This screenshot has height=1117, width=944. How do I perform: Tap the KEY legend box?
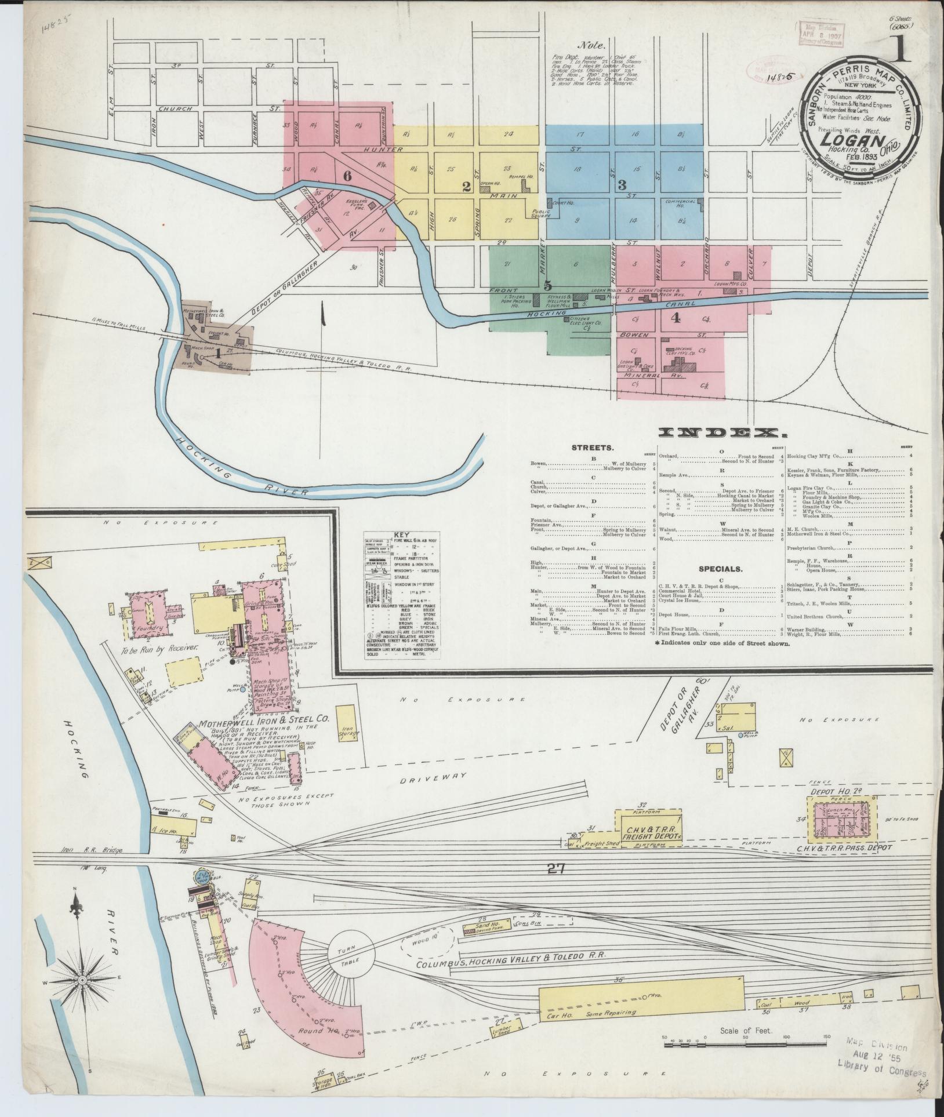[x=401, y=594]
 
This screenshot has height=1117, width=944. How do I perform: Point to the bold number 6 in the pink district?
[x=347, y=177]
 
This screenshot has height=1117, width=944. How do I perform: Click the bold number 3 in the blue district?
[x=622, y=185]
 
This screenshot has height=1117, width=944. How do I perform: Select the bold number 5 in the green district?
[x=548, y=285]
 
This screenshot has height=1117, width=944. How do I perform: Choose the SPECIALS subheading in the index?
[x=720, y=569]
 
